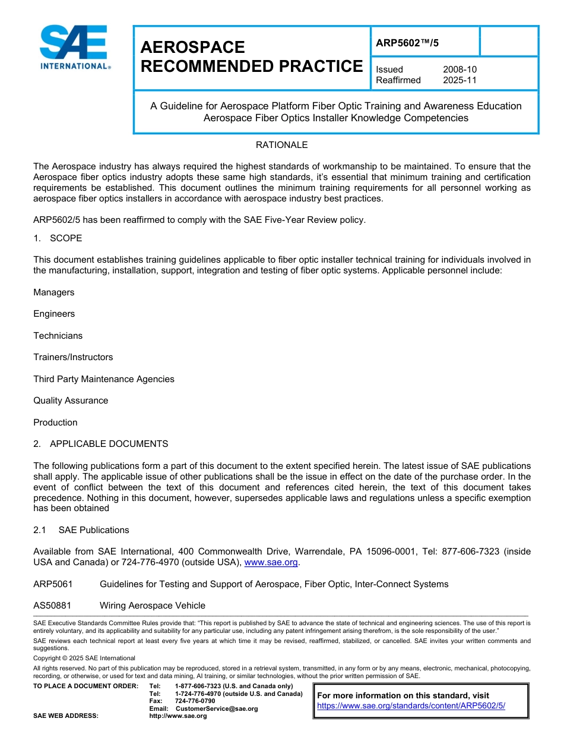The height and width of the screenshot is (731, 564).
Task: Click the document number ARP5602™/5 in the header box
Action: [x=407, y=42]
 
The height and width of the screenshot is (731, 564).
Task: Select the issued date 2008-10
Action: [x=460, y=70]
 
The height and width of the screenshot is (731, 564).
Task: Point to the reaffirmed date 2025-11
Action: [x=460, y=80]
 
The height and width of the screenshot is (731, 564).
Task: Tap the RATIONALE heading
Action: [x=281, y=145]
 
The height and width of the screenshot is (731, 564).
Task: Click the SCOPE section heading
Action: [x=66, y=238]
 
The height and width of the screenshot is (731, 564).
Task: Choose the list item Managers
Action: [x=54, y=292]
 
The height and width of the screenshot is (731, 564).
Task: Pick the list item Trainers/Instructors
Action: [x=73, y=357]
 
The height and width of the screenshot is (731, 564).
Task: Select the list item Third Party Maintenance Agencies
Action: [x=104, y=379]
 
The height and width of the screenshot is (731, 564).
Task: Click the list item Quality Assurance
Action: [x=71, y=401]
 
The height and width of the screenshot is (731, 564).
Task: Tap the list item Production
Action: [x=55, y=423]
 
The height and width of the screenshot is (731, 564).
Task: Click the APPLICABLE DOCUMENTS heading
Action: [x=109, y=444]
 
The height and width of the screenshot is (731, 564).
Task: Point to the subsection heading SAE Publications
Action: [x=94, y=530]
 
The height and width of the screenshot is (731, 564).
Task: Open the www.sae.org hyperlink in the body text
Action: [x=271, y=562]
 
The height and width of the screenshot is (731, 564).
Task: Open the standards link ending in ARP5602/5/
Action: [x=411, y=705]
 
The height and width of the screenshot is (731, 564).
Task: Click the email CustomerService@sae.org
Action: [x=217, y=708]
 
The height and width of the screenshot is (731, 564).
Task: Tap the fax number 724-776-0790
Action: [x=195, y=701]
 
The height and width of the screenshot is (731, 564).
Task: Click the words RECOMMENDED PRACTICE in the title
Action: [x=251, y=67]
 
